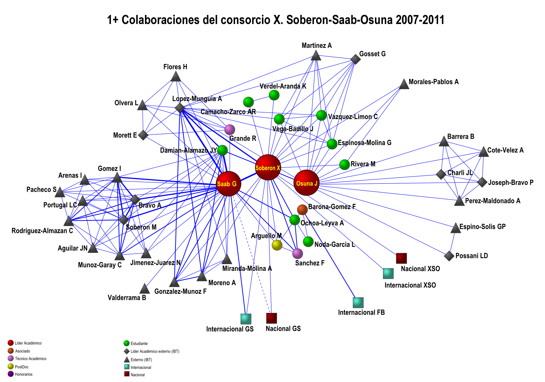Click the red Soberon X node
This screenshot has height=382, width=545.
(x=268, y=167)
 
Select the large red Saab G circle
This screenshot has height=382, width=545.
(x=229, y=184)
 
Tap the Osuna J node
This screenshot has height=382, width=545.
(x=306, y=183)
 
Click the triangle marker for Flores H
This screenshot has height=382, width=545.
(x=176, y=77)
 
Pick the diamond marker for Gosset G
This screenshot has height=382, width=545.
(x=355, y=59)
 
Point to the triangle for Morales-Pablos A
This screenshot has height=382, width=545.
(x=404, y=84)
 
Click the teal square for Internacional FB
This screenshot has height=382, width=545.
(x=358, y=302)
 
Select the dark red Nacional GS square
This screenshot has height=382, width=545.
(x=271, y=318)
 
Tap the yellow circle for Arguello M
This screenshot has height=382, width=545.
(x=277, y=245)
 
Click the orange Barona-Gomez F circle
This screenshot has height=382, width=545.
(x=302, y=210)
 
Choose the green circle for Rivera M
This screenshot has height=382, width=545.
(x=344, y=164)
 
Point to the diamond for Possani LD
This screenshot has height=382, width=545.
(x=449, y=256)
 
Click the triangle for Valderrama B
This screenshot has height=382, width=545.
(x=145, y=289)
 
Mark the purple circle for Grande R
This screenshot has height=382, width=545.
(x=230, y=130)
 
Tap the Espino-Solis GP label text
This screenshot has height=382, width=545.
(x=482, y=227)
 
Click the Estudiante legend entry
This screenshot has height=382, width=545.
(x=139, y=343)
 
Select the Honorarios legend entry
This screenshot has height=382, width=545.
(x=24, y=374)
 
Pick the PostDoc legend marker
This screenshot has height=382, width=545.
(x=11, y=366)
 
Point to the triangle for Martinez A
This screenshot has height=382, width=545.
(x=316, y=56)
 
